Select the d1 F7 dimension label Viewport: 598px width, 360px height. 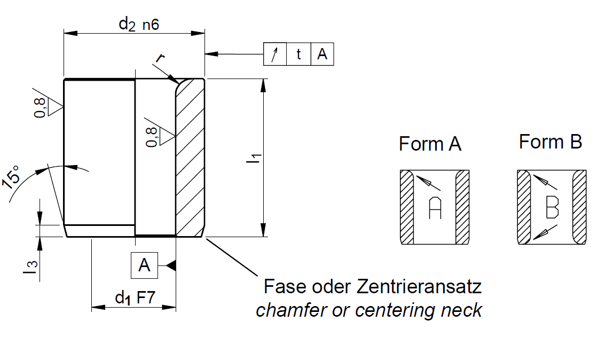[x=135, y=298]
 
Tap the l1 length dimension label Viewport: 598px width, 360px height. [x=255, y=159]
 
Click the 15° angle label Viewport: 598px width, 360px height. [x=13, y=176]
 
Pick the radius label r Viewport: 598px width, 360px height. [x=159, y=57]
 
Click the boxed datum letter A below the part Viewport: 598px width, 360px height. [x=145, y=265]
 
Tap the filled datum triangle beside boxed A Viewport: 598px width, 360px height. [x=171, y=265]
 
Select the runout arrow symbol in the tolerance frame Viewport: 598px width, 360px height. [x=275, y=54]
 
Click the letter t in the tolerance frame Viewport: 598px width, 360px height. [x=298, y=54]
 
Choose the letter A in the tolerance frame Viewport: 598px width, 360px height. [x=322, y=54]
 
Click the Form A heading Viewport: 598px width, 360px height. [x=430, y=144]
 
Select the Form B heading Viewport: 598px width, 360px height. [x=550, y=142]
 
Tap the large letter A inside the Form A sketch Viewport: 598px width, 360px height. [x=435, y=208]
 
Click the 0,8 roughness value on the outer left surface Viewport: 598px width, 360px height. [x=40, y=106]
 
